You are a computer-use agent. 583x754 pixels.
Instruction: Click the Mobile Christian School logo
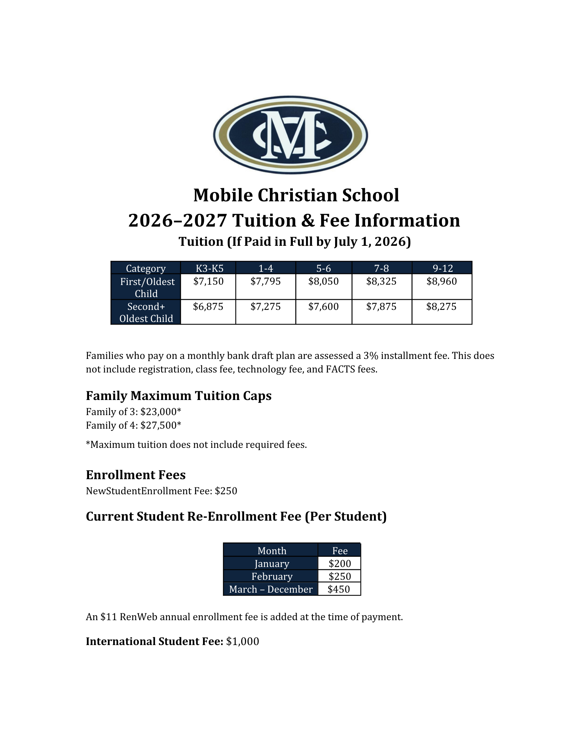[x=290, y=135]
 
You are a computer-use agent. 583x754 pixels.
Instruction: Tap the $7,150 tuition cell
[x=208, y=282]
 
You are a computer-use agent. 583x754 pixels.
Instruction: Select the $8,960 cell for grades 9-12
[x=441, y=282]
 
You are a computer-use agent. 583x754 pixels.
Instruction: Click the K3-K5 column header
[x=209, y=268]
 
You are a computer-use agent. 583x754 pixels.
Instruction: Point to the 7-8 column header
[x=381, y=268]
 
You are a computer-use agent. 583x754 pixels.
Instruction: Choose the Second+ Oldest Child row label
[x=146, y=313]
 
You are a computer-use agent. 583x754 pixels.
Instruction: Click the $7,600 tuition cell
[x=323, y=307]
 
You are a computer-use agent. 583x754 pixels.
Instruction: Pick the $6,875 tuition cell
[x=208, y=307]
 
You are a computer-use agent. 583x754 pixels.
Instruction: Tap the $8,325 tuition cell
[x=381, y=282]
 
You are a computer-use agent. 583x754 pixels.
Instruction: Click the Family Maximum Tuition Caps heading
[x=178, y=396]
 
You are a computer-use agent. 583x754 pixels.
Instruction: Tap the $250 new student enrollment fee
[x=226, y=491]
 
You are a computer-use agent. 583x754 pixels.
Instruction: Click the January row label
[x=272, y=564]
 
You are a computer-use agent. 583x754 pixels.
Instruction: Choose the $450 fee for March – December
[x=338, y=589]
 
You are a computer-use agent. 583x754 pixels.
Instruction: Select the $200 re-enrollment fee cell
[x=340, y=564]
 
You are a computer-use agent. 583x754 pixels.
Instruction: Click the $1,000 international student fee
[x=242, y=642]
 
